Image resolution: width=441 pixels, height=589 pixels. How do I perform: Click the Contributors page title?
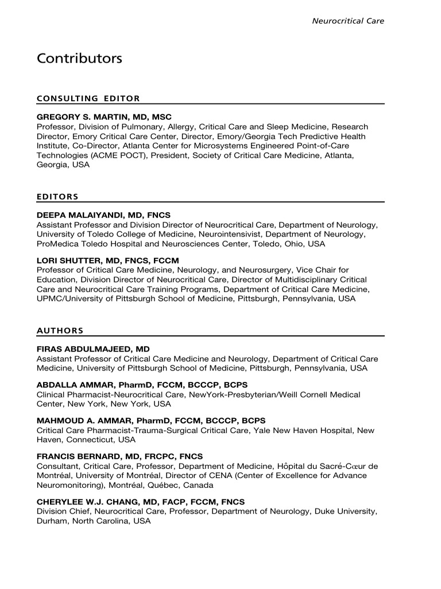(79, 59)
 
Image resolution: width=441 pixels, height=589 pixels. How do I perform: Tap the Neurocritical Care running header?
(348, 21)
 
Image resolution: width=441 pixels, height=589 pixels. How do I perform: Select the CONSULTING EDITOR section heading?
(88, 98)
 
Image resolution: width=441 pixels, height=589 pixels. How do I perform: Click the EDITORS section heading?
(57, 197)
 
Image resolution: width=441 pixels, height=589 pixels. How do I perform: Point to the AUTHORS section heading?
(60, 331)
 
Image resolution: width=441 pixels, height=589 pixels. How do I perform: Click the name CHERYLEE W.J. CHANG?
(86, 502)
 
